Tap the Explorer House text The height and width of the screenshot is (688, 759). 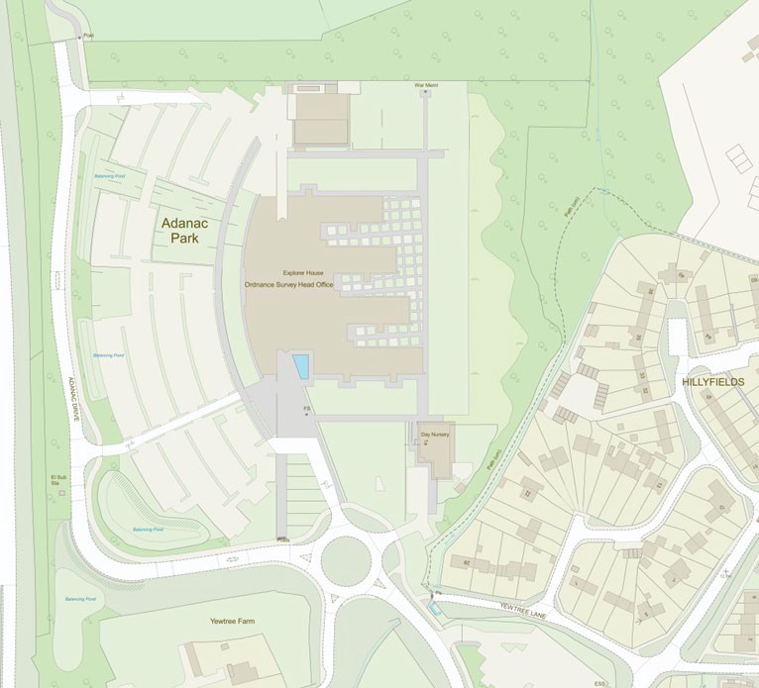pos(302,272)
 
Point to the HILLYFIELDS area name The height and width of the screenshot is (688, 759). pos(712,381)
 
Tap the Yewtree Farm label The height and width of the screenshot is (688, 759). pos(232,621)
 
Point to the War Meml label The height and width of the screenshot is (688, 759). pos(425,85)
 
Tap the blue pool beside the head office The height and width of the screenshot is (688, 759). pos(300,366)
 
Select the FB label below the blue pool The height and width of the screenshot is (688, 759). pos(307,406)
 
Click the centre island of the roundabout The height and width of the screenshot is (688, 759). pos(346,560)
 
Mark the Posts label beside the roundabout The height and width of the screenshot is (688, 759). pos(283,540)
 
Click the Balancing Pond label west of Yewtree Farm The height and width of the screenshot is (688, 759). pos(81,599)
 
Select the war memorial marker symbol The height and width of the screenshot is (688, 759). pos(425,92)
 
